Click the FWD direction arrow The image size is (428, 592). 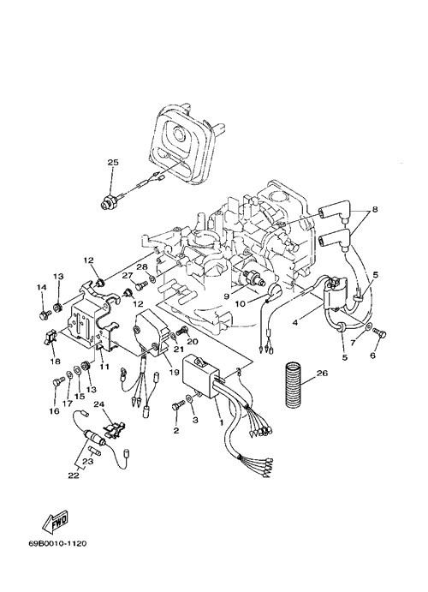55,521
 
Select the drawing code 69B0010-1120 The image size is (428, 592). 57,544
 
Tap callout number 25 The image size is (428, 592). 113,163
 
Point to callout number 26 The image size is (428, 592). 323,374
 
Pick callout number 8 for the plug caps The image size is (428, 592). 374,209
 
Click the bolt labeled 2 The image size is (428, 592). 177,407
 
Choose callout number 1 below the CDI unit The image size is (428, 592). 222,422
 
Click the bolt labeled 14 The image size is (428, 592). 45,314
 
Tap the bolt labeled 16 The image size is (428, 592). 57,382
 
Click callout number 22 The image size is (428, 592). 74,475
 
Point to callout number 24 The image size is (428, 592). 98,404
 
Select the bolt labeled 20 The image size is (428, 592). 182,330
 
